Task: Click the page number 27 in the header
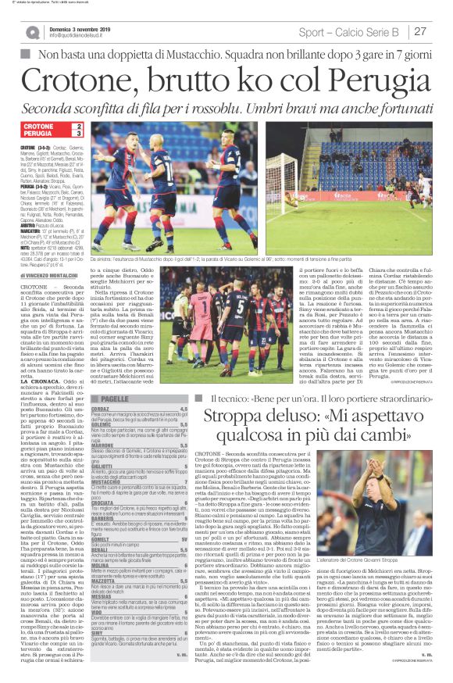420,32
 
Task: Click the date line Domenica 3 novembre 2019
87,27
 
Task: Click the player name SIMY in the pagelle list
95,634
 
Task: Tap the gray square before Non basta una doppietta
26,54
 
